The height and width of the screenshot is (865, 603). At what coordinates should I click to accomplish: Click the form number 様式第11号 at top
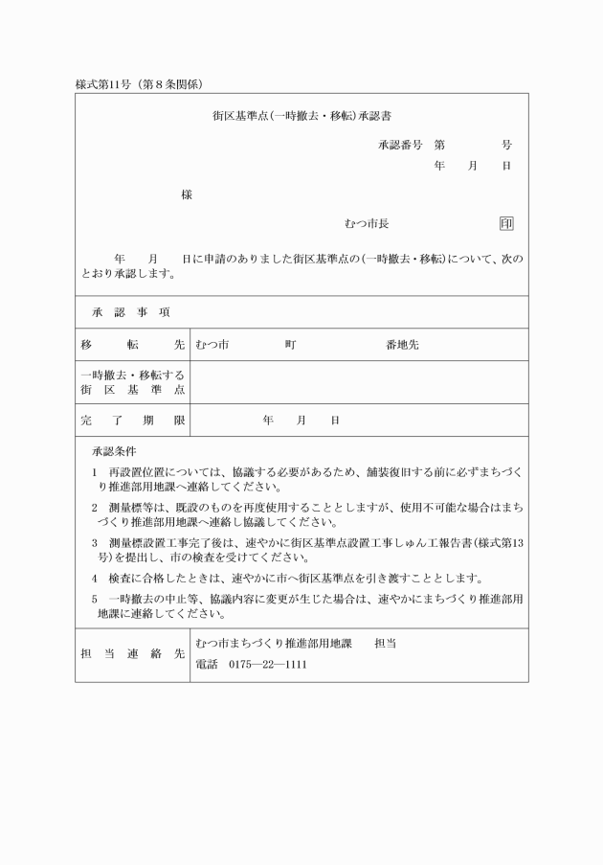[x=105, y=84]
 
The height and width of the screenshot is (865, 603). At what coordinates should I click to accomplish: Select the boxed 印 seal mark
[x=506, y=224]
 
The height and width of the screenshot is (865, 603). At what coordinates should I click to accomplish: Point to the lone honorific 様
[x=187, y=195]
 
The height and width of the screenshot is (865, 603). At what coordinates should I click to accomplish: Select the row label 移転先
[x=132, y=345]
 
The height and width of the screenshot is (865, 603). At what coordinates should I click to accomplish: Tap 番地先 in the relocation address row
[x=402, y=345]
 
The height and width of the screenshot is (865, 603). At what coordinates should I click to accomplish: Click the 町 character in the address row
[x=289, y=345]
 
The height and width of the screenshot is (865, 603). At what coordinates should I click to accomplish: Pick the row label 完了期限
[x=132, y=420]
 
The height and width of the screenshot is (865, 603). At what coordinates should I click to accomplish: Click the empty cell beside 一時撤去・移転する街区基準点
[x=359, y=382]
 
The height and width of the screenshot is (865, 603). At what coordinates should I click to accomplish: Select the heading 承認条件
[x=114, y=449]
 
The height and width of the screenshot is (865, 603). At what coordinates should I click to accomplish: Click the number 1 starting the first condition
[x=95, y=472]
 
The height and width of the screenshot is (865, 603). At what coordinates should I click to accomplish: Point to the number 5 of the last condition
[x=95, y=599]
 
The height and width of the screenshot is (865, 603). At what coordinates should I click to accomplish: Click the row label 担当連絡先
[x=132, y=654]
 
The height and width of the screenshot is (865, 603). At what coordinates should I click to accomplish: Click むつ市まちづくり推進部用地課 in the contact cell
[x=274, y=644]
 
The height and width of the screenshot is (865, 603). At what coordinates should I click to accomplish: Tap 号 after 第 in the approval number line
[x=506, y=146]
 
